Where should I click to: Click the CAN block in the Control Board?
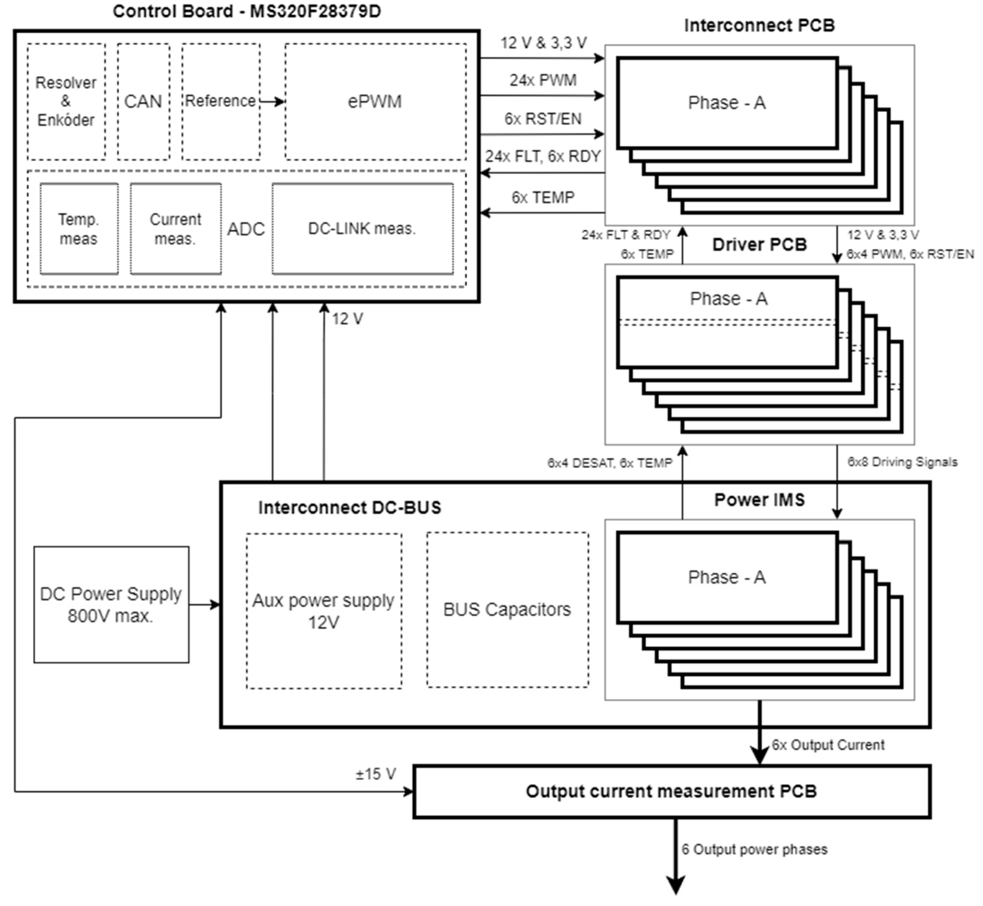click(x=143, y=101)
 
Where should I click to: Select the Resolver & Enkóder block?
click(x=66, y=101)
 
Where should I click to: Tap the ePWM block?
click(x=375, y=101)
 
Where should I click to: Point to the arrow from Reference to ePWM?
click(x=273, y=101)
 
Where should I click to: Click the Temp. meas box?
click(x=79, y=228)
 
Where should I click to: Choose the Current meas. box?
click(x=175, y=228)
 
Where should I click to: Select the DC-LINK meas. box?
click(x=362, y=228)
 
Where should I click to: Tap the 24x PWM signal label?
click(x=543, y=80)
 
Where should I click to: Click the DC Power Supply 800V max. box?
click(x=111, y=605)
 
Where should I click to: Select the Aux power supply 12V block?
click(x=323, y=611)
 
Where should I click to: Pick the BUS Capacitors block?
click(x=508, y=609)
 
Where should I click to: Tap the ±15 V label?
click(x=375, y=774)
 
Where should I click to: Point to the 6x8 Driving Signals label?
click(x=902, y=462)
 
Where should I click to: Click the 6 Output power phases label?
click(x=754, y=849)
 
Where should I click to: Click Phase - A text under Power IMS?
click(x=727, y=577)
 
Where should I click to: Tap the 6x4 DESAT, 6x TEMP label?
click(x=610, y=463)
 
